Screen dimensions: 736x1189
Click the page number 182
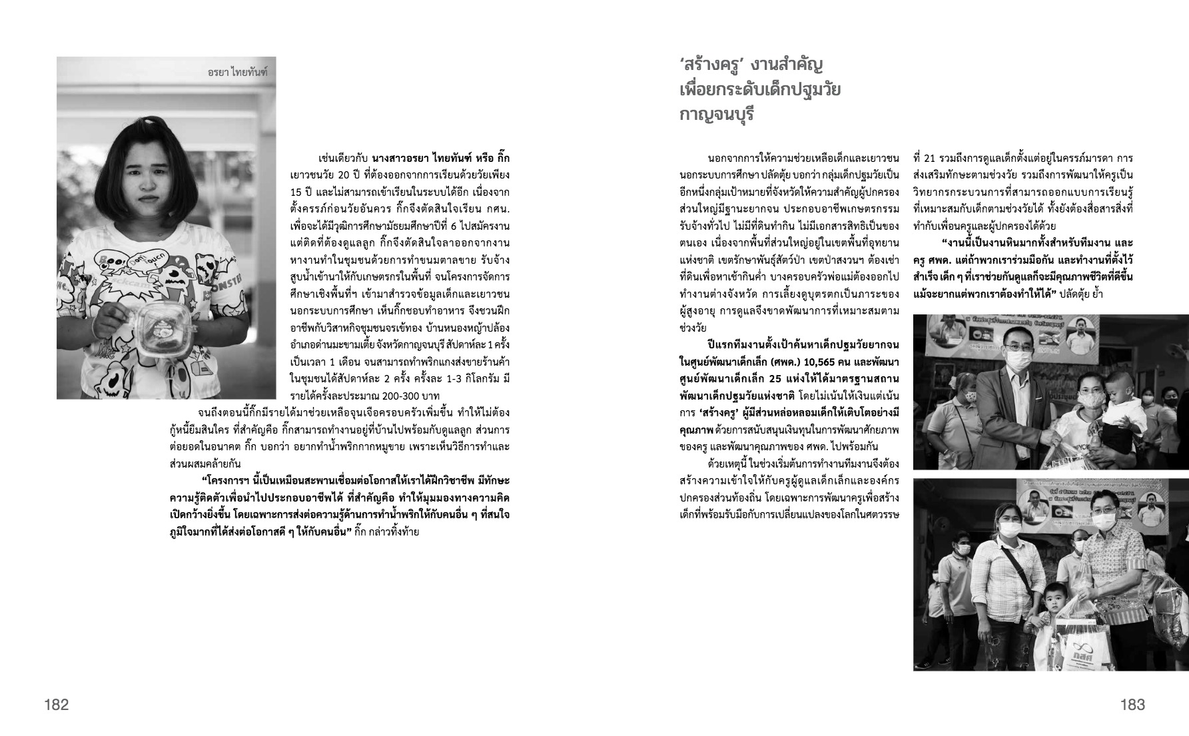(57, 705)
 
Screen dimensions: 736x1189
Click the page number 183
(1132, 705)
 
